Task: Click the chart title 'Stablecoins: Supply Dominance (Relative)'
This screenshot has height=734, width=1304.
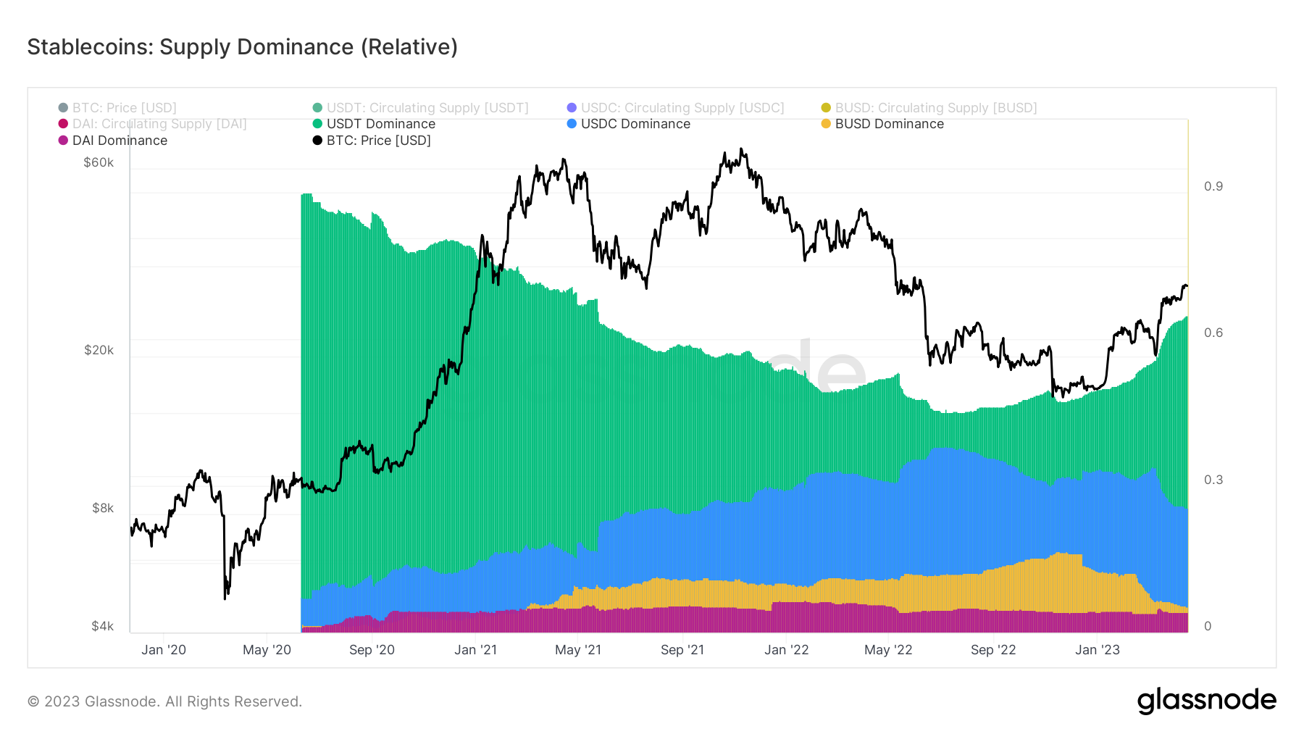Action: (242, 47)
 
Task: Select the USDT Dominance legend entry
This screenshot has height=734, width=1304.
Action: (380, 124)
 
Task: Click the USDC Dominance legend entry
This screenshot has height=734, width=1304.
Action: (635, 124)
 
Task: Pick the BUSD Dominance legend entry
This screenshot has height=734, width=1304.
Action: (889, 124)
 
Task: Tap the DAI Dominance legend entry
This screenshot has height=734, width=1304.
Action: (120, 141)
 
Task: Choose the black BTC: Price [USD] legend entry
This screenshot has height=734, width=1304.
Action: (378, 141)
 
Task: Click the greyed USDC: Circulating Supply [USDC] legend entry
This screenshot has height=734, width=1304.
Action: (682, 108)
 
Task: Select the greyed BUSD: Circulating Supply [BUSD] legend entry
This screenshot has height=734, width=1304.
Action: (935, 108)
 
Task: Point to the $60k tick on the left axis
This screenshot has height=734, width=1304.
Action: (99, 162)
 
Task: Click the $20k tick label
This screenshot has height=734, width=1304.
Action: (99, 350)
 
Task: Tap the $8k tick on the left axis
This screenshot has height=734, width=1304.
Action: (102, 508)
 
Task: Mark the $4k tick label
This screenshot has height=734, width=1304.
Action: (102, 626)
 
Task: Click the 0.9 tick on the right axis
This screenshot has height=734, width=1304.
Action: (1213, 186)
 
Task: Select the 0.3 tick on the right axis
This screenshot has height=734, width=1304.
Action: (1213, 480)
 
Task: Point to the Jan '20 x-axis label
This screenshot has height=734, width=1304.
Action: (164, 650)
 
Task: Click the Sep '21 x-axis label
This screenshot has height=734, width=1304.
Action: (682, 650)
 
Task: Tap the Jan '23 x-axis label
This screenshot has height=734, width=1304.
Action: (1097, 650)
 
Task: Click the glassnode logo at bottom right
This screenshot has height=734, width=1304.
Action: (1206, 701)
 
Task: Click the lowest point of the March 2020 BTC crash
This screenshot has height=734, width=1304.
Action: (225, 599)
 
